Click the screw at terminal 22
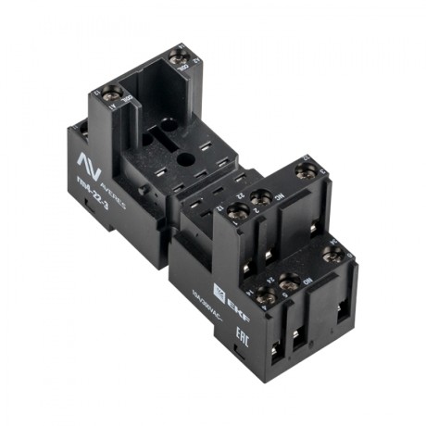click(261, 197)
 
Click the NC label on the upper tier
click(278, 196)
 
